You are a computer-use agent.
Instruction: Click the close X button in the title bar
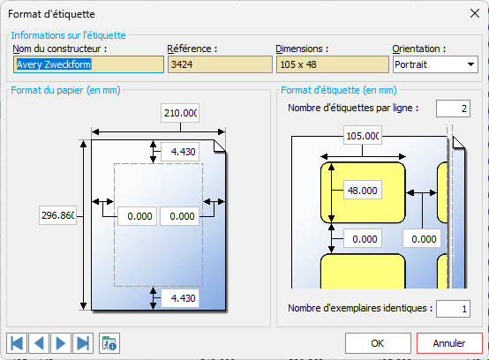475,13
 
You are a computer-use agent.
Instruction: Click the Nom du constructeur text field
88,64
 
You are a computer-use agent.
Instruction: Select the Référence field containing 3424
220,64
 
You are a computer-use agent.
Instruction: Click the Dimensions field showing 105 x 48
333,64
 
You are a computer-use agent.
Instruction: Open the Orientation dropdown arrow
470,64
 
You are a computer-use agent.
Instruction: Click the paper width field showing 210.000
180,113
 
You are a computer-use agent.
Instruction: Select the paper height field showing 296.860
57,215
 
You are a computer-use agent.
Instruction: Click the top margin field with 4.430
180,152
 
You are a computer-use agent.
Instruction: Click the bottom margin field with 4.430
180,298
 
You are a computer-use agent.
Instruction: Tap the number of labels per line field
453,109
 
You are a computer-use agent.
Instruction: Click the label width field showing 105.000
363,136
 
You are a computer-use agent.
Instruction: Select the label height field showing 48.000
363,190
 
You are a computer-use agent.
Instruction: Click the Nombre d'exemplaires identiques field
453,309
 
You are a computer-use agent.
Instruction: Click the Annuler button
449,343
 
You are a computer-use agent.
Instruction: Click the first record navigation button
17,343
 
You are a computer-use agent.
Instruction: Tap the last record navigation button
83,343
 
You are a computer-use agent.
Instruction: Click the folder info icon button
109,343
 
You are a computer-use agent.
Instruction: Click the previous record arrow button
39,343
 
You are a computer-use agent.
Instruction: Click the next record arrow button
61,343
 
